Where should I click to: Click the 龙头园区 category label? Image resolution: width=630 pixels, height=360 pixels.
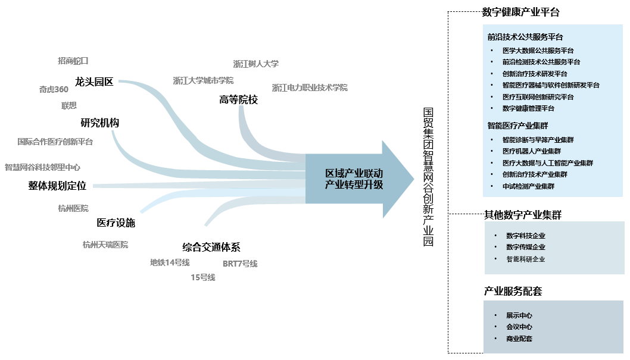[94, 82]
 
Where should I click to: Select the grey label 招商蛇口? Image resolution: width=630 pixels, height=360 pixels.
[73, 61]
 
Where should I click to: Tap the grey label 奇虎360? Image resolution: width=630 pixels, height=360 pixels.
[54, 90]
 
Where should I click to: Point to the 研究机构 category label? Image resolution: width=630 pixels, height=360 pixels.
[100, 123]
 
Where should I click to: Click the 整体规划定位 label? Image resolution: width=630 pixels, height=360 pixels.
[57, 186]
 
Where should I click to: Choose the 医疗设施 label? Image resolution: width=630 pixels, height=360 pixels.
[116, 223]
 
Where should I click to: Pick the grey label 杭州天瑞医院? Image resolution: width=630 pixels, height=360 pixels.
[105, 245]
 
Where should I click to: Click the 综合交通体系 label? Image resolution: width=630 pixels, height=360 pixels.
[211, 248]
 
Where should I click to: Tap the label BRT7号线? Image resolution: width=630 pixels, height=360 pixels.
[240, 264]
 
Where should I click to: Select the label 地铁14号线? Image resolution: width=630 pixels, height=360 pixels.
[170, 262]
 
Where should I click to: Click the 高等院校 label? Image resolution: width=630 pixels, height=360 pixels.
[239, 100]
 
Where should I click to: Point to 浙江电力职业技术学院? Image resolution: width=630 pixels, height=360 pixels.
[310, 87]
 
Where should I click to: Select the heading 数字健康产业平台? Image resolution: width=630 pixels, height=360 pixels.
[521, 12]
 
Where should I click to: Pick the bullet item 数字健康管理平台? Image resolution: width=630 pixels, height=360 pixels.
[528, 108]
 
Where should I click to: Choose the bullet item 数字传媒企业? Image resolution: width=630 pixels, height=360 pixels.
[526, 247]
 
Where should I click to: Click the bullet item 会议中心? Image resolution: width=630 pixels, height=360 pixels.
[519, 327]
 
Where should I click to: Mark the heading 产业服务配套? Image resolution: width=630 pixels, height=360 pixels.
[513, 292]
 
